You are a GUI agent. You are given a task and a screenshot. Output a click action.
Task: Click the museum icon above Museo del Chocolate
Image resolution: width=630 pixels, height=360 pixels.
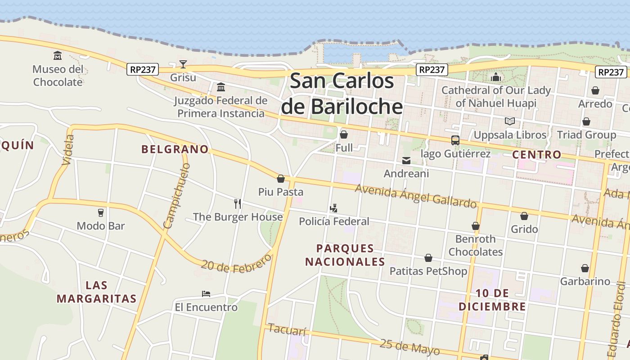58,56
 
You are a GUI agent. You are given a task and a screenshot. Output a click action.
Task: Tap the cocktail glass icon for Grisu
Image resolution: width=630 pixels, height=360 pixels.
183,64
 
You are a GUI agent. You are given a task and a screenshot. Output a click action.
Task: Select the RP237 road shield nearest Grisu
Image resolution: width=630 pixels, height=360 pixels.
143,69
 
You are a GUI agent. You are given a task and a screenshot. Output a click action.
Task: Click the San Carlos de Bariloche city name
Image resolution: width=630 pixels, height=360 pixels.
342,94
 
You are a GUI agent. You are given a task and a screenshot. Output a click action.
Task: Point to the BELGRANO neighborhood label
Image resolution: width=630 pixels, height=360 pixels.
175,149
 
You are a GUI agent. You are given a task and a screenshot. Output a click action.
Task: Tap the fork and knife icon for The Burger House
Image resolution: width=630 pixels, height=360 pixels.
238,203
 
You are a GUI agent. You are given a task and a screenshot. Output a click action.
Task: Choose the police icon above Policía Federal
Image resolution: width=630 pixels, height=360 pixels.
333,208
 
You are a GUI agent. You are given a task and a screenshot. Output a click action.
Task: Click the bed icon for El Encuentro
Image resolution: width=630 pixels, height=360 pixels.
206,294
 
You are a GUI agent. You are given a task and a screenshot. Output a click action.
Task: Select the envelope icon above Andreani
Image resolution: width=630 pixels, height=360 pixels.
406,161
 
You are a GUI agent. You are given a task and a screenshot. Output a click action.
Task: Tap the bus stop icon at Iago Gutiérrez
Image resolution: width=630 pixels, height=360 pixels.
455,140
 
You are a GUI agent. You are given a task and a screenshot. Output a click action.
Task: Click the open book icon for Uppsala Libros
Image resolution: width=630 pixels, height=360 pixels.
509,121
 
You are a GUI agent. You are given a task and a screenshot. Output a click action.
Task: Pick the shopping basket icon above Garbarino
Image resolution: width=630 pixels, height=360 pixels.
585,269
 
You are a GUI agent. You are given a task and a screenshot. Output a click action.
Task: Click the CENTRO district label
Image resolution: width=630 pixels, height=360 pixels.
537,154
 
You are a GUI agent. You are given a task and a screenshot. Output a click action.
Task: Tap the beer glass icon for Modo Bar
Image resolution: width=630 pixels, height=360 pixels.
101,212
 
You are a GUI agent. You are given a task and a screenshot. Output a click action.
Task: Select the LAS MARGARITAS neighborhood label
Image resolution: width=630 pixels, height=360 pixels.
96,292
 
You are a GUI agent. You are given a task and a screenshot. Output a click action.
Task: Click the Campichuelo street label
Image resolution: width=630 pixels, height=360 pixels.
177,196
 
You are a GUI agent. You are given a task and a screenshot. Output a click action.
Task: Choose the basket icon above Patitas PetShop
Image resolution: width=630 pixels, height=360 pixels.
428,258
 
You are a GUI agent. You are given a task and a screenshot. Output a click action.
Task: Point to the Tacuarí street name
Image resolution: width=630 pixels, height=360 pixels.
287,329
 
